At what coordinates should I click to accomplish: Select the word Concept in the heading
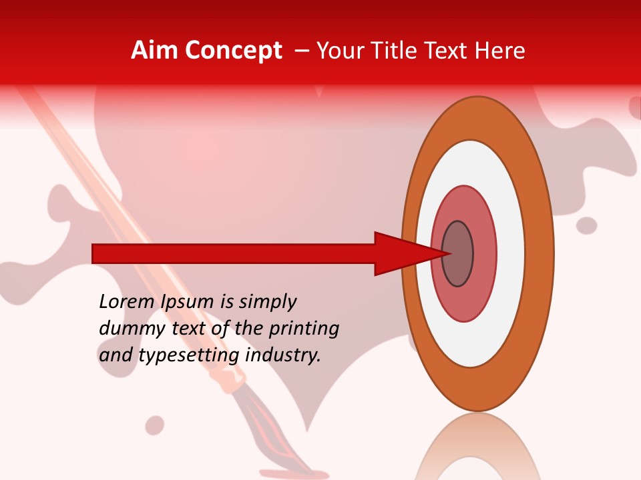[233, 51]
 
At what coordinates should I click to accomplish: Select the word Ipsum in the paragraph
[189, 302]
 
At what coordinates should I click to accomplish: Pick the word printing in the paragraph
[304, 329]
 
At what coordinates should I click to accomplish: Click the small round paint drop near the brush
[155, 425]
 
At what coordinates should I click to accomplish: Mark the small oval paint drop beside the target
[586, 225]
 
